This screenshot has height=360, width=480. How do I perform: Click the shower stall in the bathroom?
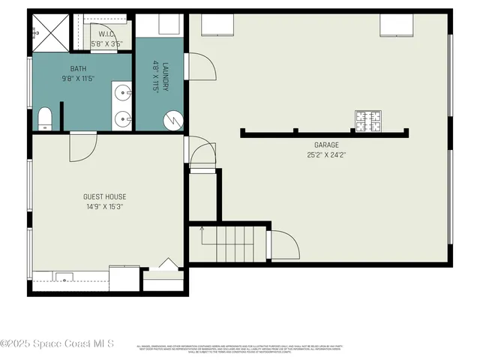coord(49,32)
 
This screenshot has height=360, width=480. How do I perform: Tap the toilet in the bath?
coord(43,119)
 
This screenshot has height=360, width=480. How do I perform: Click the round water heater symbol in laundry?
coord(173,118)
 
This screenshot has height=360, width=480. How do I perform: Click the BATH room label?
coord(78,68)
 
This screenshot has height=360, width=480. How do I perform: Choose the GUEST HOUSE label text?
coord(103,197)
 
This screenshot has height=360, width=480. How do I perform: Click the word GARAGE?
coord(326,145)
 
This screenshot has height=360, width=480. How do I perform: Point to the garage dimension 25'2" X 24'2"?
coord(326,155)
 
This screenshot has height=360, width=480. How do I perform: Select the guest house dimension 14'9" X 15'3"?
coord(103,207)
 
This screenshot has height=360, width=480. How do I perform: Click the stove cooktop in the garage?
coord(367,120)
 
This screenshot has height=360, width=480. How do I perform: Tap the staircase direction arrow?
coord(202,229)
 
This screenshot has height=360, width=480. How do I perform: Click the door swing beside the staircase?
coord(284,245)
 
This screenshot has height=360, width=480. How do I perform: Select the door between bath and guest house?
coord(82,146)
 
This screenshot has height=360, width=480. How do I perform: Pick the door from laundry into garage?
coord(200,67)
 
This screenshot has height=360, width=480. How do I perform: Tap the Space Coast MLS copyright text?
coord(57,343)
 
